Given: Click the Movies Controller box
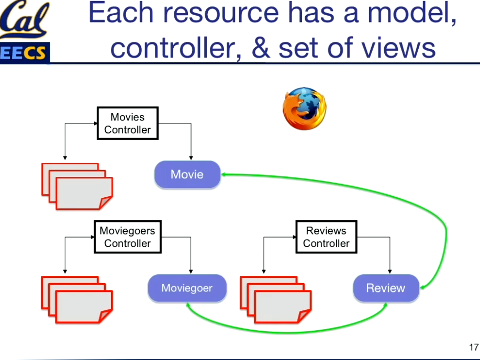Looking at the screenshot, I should coord(127,123).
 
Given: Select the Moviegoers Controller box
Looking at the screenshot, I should coord(127,237).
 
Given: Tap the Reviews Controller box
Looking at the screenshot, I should coord(326,237).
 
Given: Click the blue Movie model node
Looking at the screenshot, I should coord(187,175).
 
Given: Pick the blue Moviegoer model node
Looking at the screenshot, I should coord(187,288).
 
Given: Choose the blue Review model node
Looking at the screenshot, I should coord(386,288).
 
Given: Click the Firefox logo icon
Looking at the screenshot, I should coord(304,108).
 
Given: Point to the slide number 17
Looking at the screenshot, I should coord(473,347).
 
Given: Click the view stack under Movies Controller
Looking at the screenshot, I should coord(77,186).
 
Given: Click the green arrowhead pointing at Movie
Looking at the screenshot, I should coord(224,174).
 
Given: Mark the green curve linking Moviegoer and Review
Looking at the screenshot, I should coord(287,331).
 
